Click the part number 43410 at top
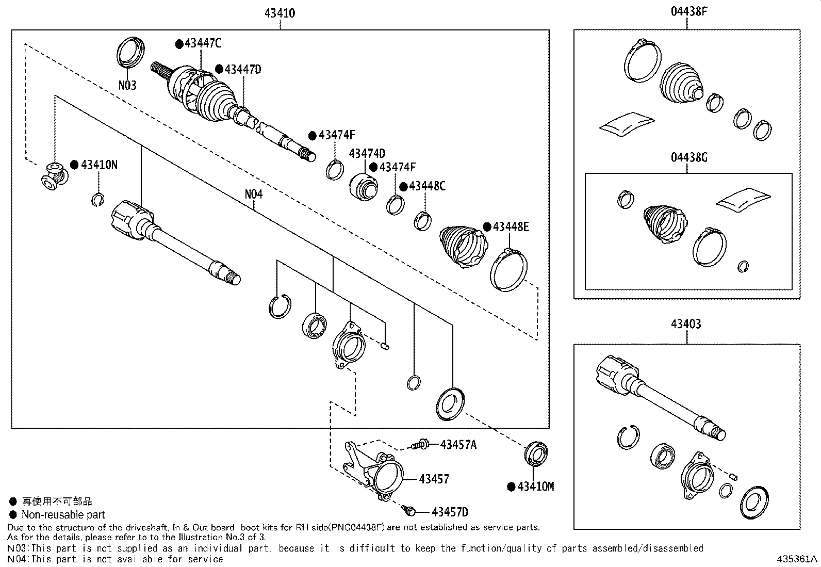click(x=280, y=13)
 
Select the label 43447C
click(x=202, y=43)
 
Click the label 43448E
click(x=511, y=226)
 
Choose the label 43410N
click(x=98, y=165)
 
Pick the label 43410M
click(x=535, y=487)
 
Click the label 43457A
click(x=458, y=444)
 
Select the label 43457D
click(x=450, y=512)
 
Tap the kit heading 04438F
click(x=688, y=11)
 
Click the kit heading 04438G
click(x=688, y=157)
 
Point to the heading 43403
click(x=686, y=324)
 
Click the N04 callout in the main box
click(x=254, y=195)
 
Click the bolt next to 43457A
click(x=420, y=444)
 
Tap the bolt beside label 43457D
click(x=409, y=510)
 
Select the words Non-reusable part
click(x=63, y=514)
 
